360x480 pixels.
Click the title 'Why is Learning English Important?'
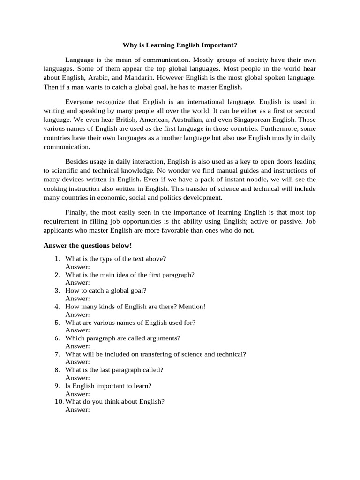180,45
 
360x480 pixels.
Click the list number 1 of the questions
57,259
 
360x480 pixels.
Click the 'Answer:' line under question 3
77,299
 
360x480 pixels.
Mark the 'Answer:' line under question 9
77,394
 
